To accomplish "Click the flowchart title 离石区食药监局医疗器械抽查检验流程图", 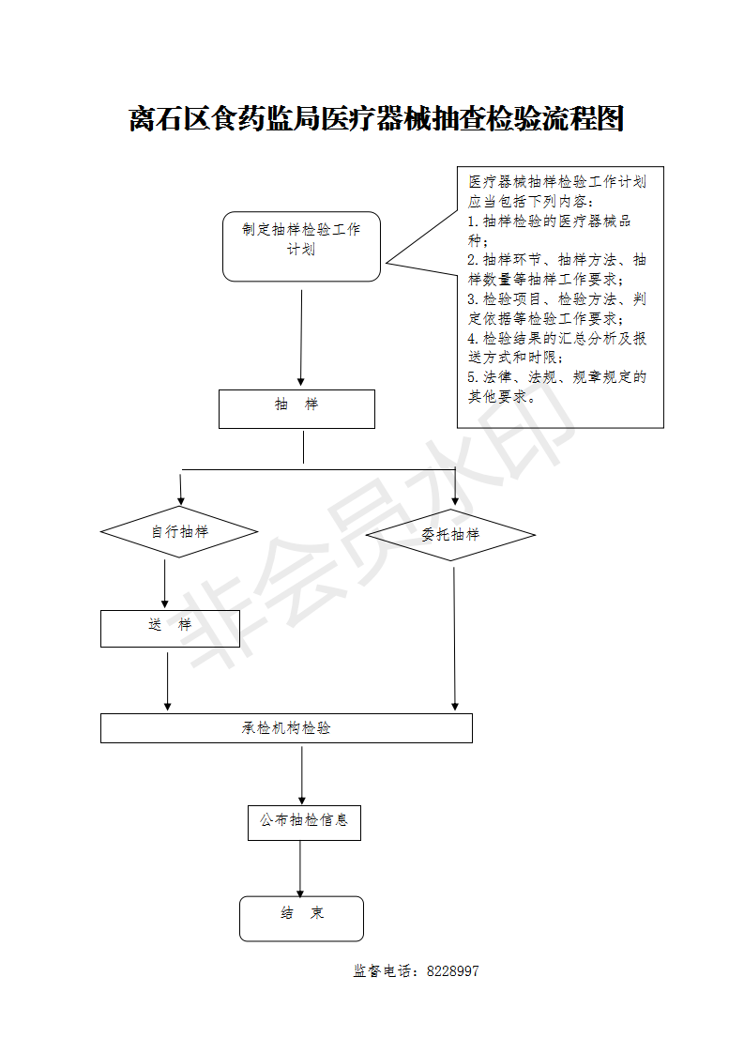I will click(375, 120).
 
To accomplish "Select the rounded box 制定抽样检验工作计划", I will click(301, 246).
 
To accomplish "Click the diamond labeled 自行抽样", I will click(179, 532).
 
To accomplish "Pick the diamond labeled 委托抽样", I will click(450, 535).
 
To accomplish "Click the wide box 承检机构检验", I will click(286, 728).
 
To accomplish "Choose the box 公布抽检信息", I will click(304, 821).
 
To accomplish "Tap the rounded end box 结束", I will click(301, 918).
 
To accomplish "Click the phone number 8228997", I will click(452, 971).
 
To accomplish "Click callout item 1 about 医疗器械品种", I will click(549, 231).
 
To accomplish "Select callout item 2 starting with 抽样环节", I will click(556, 269).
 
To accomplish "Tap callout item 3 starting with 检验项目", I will click(556, 309).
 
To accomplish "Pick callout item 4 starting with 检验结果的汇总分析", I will click(556, 347).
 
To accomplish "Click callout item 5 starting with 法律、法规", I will click(556, 387).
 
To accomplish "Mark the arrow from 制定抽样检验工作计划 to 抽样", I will click(301, 338).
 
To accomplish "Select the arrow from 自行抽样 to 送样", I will click(165, 584).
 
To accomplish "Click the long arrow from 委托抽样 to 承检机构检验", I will click(455, 638).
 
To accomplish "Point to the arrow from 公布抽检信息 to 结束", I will click(300, 868).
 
